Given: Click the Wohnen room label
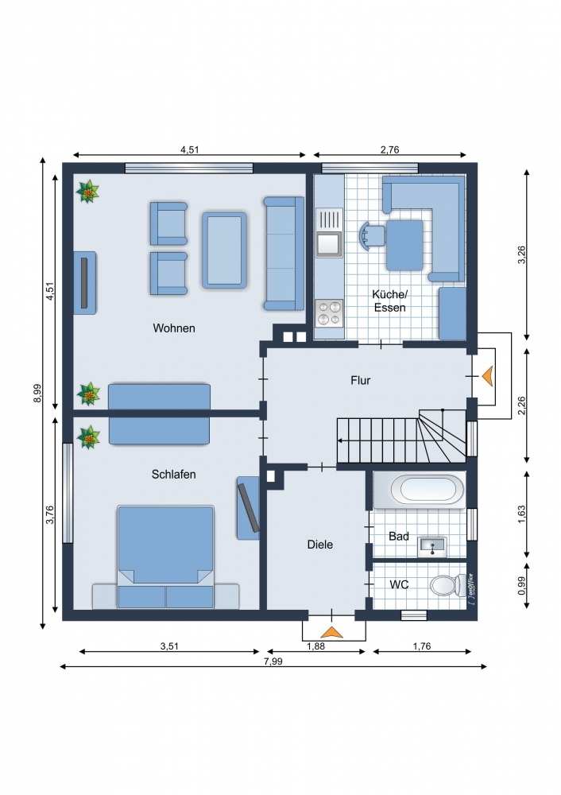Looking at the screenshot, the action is [x=174, y=328].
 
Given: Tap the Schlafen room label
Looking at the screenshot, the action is [x=174, y=474].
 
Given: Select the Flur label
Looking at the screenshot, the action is [x=360, y=380].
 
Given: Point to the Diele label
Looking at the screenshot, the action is [x=320, y=545].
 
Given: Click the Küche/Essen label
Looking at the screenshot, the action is [x=389, y=301].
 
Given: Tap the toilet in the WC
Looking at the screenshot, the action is [x=448, y=584].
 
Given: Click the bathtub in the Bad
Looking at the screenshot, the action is [x=419, y=491].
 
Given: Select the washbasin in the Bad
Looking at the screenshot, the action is [x=431, y=547].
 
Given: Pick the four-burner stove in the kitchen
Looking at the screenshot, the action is [x=329, y=313].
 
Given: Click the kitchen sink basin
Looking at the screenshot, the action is [x=329, y=244].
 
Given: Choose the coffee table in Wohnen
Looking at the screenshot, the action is [x=225, y=250].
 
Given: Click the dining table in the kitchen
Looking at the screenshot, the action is [x=404, y=245].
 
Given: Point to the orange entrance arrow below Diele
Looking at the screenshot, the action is [x=332, y=632].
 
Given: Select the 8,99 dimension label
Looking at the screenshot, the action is [x=37, y=394].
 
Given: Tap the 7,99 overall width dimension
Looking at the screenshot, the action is [x=273, y=661].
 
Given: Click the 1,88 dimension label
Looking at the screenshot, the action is [x=315, y=646].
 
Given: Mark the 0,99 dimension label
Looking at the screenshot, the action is [x=522, y=586].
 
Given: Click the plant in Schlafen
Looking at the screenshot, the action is [x=88, y=437].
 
